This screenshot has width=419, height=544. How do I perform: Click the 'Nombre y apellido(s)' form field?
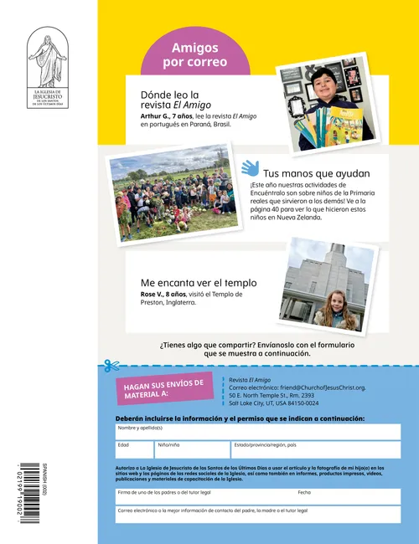(258, 432)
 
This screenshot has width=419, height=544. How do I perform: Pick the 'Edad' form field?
(133, 449)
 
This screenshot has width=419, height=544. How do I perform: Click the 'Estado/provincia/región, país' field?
(315, 449)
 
